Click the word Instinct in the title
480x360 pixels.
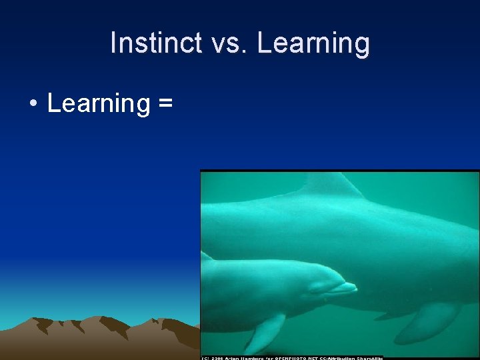tap(154, 43)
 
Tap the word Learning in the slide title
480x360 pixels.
tap(313, 43)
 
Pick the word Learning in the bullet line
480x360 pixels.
tap(99, 104)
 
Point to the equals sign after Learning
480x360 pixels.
tap(166, 104)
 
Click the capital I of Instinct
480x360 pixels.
tap(114, 43)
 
